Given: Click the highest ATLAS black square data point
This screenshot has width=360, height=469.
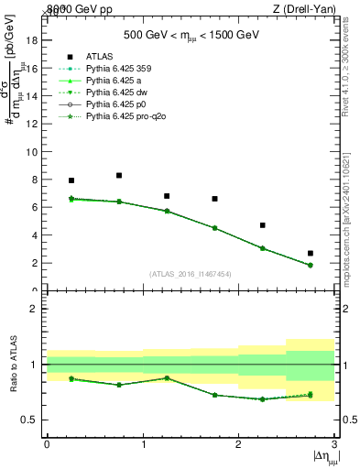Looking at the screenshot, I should click(119, 175).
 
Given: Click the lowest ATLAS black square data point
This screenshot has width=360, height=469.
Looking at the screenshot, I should click(311, 253).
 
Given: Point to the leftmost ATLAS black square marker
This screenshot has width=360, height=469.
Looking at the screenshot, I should click(71, 180).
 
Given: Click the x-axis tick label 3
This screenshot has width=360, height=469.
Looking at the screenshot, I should click(334, 443).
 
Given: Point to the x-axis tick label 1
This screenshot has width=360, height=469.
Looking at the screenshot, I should click(143, 443).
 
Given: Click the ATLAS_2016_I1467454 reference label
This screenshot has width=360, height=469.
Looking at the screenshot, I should click(191, 274).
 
